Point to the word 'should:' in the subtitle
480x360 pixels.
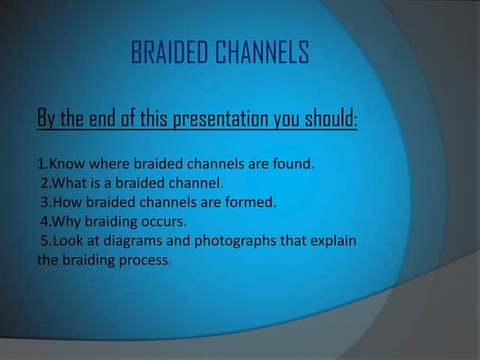(329, 118)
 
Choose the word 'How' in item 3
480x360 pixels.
(67, 202)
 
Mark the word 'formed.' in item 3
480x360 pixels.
(229, 202)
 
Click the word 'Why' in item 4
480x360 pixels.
(67, 222)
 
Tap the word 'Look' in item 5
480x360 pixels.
(69, 241)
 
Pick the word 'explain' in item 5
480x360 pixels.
(333, 242)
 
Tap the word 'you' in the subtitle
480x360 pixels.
(286, 120)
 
